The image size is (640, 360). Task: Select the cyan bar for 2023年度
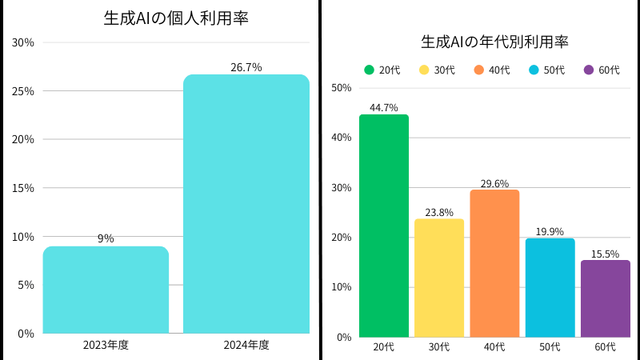pyautogui.click(x=106, y=290)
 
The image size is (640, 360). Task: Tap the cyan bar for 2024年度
pyautogui.click(x=246, y=204)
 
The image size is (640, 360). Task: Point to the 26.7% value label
pyautogui.click(x=246, y=67)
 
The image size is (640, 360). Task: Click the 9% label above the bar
pyautogui.click(x=106, y=238)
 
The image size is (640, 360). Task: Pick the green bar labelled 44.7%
pyautogui.click(x=384, y=226)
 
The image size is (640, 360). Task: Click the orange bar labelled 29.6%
pyautogui.click(x=494, y=263)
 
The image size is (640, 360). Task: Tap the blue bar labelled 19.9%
pyautogui.click(x=550, y=287)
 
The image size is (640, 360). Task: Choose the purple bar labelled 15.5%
pyautogui.click(x=606, y=298)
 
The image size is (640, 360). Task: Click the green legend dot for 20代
pyautogui.click(x=369, y=70)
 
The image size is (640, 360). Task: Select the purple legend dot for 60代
pyautogui.click(x=589, y=70)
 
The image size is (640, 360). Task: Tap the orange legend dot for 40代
pyautogui.click(x=479, y=70)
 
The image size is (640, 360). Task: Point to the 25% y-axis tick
pyautogui.click(x=23, y=91)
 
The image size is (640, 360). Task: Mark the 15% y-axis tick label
pyautogui.click(x=23, y=188)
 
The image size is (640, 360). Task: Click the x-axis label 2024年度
pyautogui.click(x=246, y=346)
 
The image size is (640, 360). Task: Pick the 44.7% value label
pyautogui.click(x=384, y=107)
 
